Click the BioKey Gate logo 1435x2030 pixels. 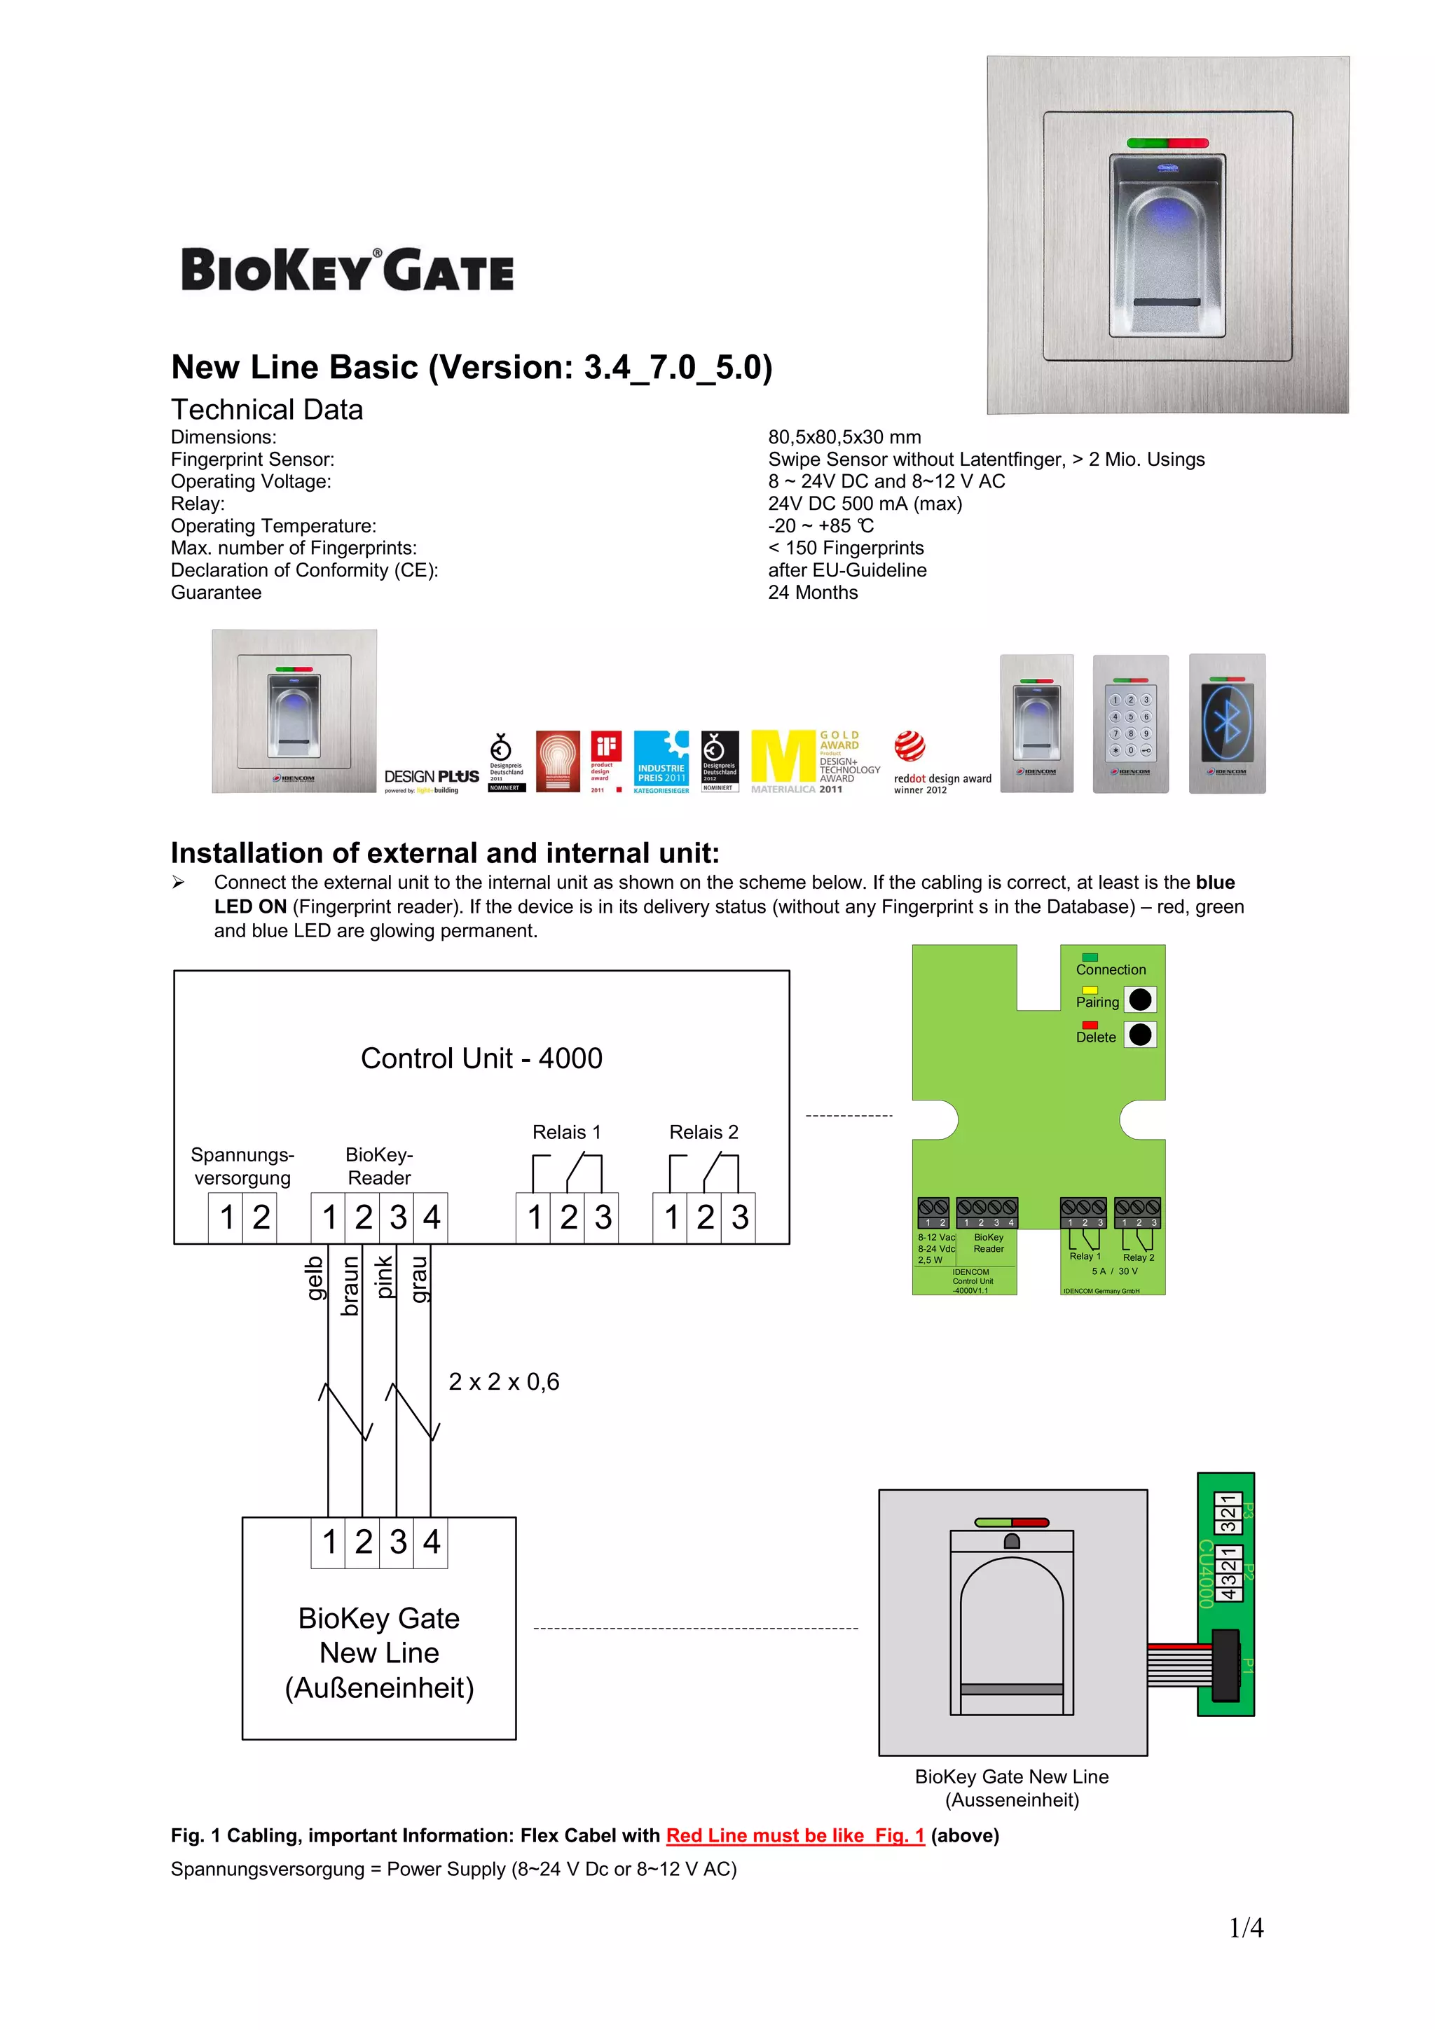347,270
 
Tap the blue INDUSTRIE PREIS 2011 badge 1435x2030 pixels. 661,761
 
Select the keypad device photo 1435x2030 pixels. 1130,723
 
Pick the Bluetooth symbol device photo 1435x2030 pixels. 1227,723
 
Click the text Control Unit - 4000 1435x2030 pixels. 481,1058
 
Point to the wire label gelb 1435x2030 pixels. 314,1278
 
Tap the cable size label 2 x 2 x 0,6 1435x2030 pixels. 504,1382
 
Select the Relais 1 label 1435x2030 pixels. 566,1132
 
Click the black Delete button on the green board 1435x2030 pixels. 1141,1035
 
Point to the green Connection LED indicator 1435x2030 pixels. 1090,957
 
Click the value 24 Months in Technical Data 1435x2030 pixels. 813,593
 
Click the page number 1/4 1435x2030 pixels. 1246,1928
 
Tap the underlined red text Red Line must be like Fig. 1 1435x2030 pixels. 795,1835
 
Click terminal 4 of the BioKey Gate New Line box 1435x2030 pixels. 432,1542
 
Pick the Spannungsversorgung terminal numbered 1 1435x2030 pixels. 226,1217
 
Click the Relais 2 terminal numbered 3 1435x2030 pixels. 739,1217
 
